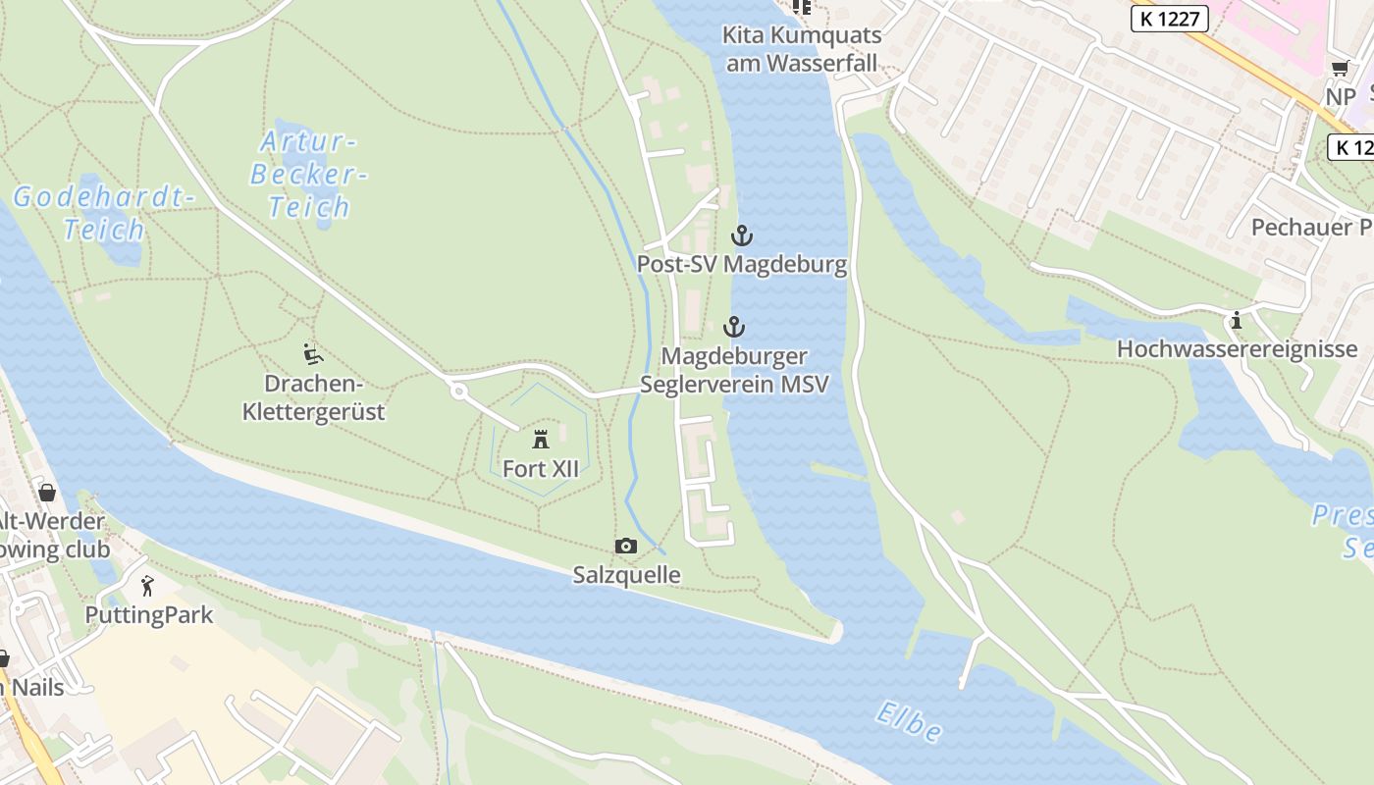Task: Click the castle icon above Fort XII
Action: [x=540, y=439]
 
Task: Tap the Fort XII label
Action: [x=540, y=469]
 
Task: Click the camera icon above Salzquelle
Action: [x=625, y=547]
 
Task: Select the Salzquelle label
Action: [x=626, y=575]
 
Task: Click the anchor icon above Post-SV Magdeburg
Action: [x=742, y=235]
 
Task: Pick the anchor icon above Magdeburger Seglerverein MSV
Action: [x=734, y=327]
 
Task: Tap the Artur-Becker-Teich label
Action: [x=308, y=174]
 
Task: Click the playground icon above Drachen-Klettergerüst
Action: [x=313, y=354]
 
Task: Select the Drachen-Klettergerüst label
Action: [x=313, y=397]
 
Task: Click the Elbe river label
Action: [x=910, y=722]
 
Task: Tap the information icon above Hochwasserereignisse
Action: [x=1237, y=320]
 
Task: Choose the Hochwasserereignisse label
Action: [x=1237, y=349]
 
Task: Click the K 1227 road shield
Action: [x=1169, y=18]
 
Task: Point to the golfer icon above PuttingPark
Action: [x=147, y=587]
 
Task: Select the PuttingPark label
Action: [x=148, y=616]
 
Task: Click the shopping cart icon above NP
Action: [x=1340, y=68]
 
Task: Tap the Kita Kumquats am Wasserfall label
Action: [x=802, y=49]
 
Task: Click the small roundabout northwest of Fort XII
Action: [x=457, y=392]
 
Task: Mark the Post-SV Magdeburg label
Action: [x=742, y=265]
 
